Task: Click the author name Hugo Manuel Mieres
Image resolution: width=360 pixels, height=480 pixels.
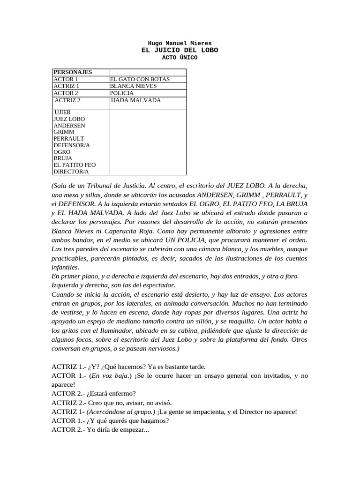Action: coord(180,43)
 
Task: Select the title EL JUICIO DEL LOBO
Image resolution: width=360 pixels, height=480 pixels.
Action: coord(180,50)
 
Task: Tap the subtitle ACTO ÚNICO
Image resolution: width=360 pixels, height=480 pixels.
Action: coord(180,58)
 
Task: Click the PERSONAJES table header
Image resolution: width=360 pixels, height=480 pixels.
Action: coord(73,72)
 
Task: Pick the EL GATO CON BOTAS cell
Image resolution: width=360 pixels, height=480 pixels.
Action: coord(140,79)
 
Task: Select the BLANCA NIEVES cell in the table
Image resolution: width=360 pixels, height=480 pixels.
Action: coord(133,86)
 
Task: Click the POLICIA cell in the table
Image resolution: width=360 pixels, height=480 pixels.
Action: coord(121,93)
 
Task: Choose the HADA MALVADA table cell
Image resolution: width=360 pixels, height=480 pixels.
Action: coord(136,100)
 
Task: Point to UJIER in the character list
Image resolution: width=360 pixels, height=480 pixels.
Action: coord(63,112)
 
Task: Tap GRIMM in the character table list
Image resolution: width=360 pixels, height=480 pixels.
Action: coord(64,132)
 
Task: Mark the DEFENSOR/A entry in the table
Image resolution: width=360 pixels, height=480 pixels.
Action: coord(72,145)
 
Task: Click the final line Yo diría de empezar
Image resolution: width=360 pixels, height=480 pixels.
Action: coord(117,429)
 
